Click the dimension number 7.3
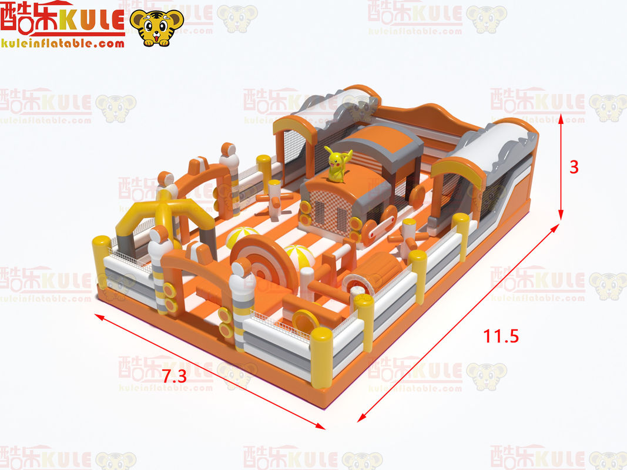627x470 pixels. click(x=175, y=376)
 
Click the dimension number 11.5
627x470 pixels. click(x=501, y=336)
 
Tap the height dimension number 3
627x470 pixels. click(x=574, y=167)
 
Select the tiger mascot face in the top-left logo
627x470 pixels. click(x=157, y=27)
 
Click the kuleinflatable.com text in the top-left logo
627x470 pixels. click(x=63, y=43)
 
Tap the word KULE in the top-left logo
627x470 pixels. click(x=93, y=19)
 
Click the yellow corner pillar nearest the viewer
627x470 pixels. click(x=321, y=358)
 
